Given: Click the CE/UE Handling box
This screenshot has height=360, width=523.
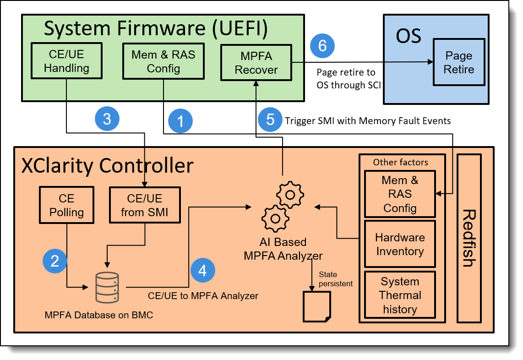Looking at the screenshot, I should [67, 61].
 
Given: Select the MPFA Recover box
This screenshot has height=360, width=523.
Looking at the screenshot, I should [256, 63].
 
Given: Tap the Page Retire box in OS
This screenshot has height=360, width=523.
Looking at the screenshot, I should [458, 63].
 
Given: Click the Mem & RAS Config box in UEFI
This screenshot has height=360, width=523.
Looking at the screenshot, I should [163, 61].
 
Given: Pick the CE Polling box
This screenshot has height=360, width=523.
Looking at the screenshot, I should [66, 206].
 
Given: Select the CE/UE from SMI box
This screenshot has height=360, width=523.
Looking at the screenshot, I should [145, 206].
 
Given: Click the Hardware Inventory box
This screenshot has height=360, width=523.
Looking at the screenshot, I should [399, 244].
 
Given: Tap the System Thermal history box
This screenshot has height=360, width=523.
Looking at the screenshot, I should [399, 295].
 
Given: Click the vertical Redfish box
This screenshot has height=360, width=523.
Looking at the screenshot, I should [469, 238].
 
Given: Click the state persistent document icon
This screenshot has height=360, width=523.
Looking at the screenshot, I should [316, 305].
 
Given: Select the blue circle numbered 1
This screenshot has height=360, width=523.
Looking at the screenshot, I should [180, 121].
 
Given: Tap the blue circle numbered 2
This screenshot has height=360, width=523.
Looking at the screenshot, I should [55, 261].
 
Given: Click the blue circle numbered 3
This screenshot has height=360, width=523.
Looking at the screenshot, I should [107, 119].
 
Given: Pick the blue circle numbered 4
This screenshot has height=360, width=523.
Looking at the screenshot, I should [202, 270].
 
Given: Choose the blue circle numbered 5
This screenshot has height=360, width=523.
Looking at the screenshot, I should [270, 120].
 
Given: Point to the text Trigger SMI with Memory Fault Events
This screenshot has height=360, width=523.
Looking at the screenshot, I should [368, 121].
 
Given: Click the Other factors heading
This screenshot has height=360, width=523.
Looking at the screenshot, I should [400, 162].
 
